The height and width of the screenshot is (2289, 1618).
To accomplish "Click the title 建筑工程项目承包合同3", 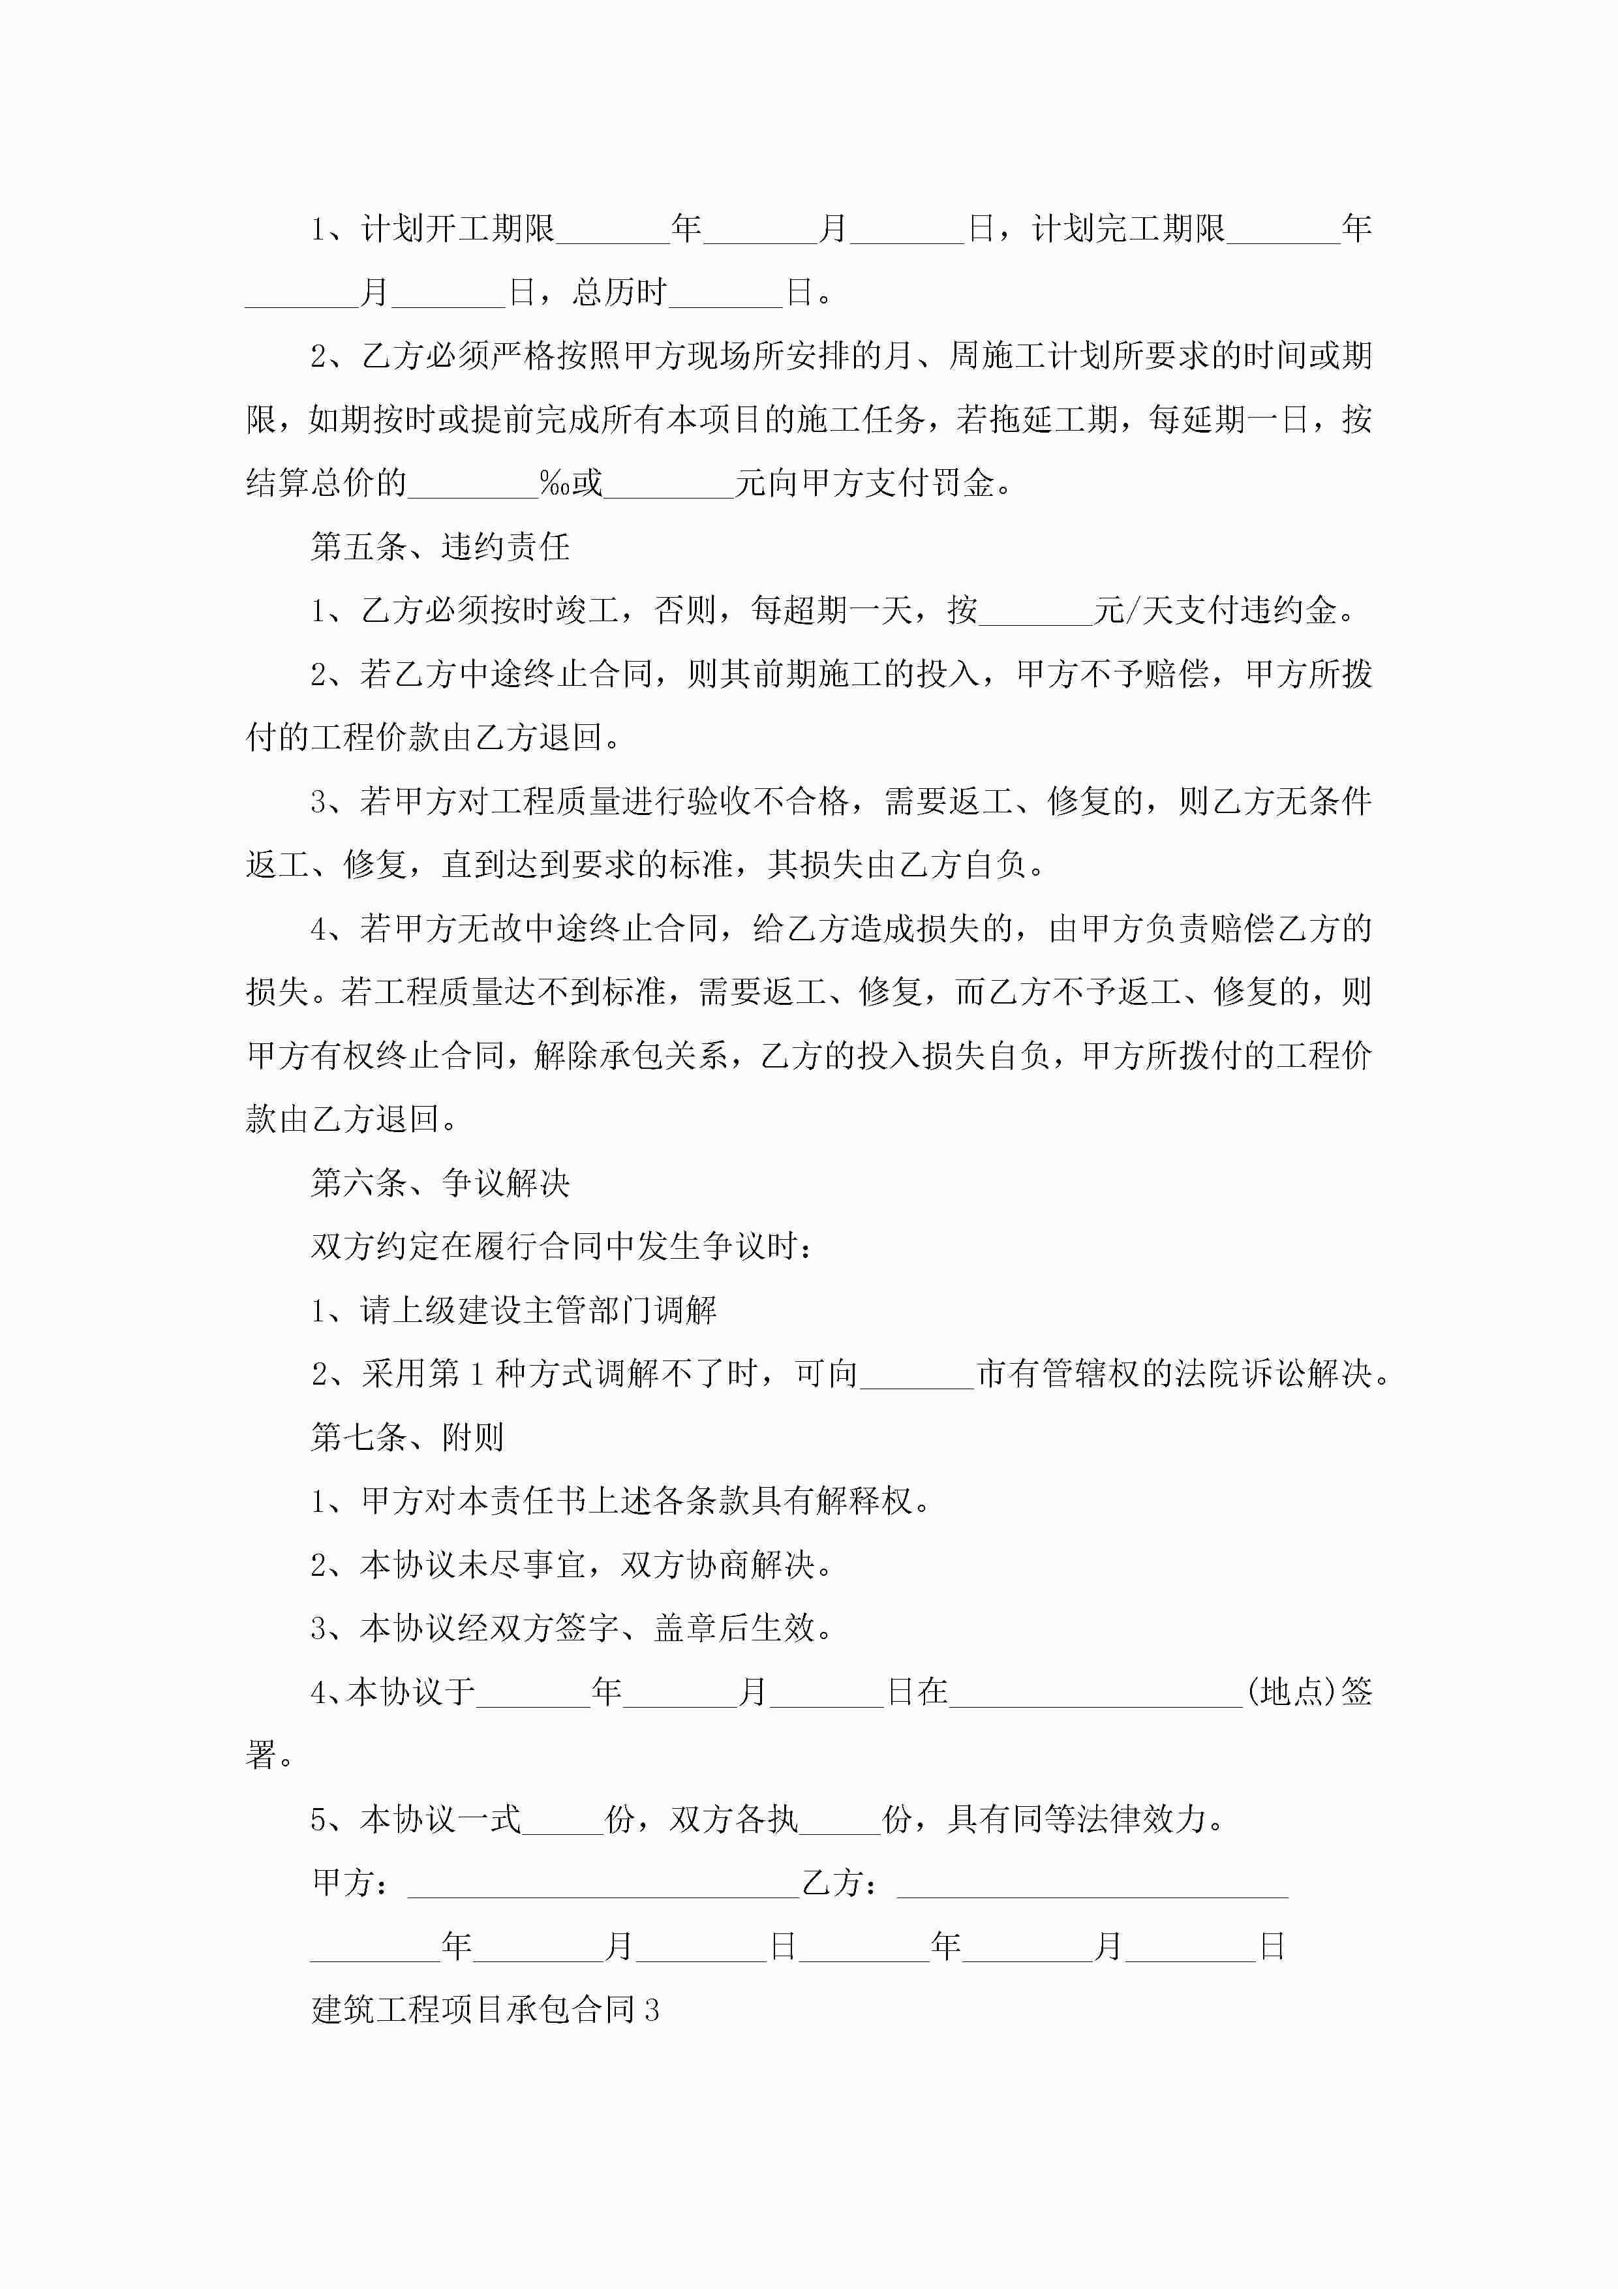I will click(x=485, y=2009).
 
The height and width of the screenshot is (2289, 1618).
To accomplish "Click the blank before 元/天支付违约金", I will click(x=1036, y=611).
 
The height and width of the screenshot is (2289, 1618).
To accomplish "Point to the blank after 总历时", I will click(x=725, y=293).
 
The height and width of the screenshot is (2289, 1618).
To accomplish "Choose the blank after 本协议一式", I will click(x=562, y=1820).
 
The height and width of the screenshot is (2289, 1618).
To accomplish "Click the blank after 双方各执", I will click(x=840, y=1820).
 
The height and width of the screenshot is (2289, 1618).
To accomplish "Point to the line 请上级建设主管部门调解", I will click(x=538, y=1310).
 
